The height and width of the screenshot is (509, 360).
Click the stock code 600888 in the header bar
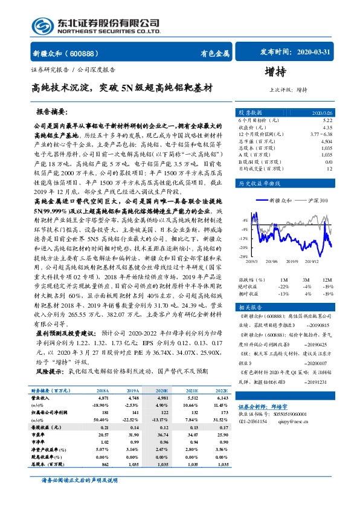pyautogui.click(x=75, y=53)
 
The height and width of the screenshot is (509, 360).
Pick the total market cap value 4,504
pyautogui.click(x=327, y=141)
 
